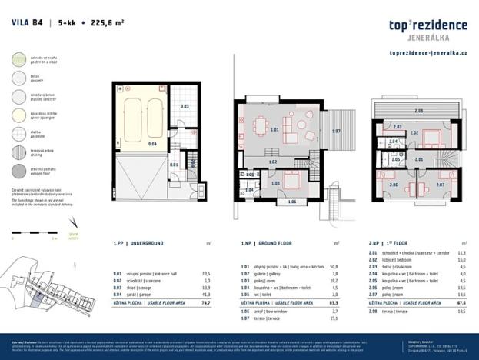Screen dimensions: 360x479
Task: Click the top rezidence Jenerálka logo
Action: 429,29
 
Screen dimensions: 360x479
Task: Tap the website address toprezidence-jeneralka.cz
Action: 429,53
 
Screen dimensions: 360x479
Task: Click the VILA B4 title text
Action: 27,22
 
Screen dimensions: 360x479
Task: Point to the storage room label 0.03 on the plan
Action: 184,106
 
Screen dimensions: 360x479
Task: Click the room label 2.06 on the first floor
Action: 393,185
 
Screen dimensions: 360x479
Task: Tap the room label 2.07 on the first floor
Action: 441,185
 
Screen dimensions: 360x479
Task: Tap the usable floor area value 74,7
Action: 205,303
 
